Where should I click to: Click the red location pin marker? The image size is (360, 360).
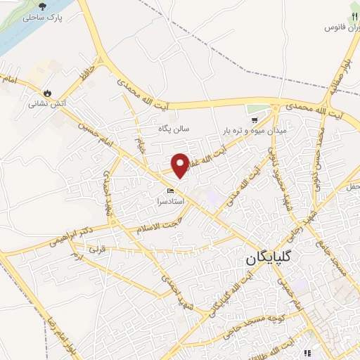click(x=181, y=165)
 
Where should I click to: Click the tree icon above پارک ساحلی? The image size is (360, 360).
click(x=42, y=6)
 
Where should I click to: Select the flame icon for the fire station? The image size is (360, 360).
click(x=47, y=92)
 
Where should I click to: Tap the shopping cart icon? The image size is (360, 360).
click(x=252, y=109)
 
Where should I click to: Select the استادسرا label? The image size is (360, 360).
click(x=169, y=201)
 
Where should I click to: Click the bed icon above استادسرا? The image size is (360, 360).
click(x=169, y=191)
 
